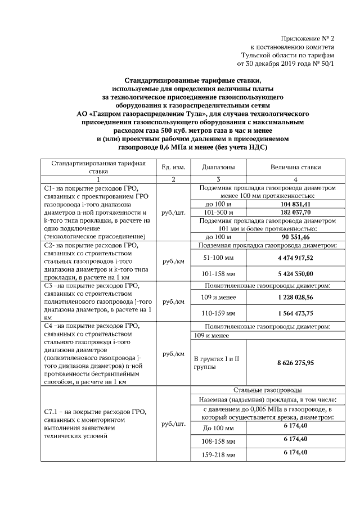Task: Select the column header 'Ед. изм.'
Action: point(173,167)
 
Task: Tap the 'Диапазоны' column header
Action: point(218,167)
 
